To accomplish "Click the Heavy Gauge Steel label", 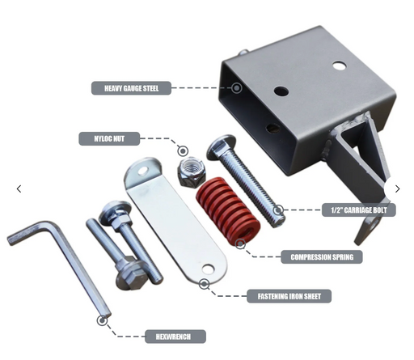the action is (131, 88).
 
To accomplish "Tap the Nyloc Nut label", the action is (109, 139).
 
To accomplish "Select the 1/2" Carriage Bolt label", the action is (359, 210).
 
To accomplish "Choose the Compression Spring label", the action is (322, 257).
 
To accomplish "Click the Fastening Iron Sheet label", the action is (289, 296).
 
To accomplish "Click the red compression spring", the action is (228, 210).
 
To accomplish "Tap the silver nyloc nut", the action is (192, 172).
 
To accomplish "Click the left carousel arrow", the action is (19, 188).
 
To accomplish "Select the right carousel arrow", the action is (398, 188).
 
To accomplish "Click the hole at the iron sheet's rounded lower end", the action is (208, 269).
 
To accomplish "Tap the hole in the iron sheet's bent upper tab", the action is (142, 171).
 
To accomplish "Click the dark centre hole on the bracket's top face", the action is (281, 91).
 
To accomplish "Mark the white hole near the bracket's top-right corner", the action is (340, 66).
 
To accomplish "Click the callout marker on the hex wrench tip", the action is (102, 320).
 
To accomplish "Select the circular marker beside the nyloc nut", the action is (183, 151).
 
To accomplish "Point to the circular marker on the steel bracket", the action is (237, 88).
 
